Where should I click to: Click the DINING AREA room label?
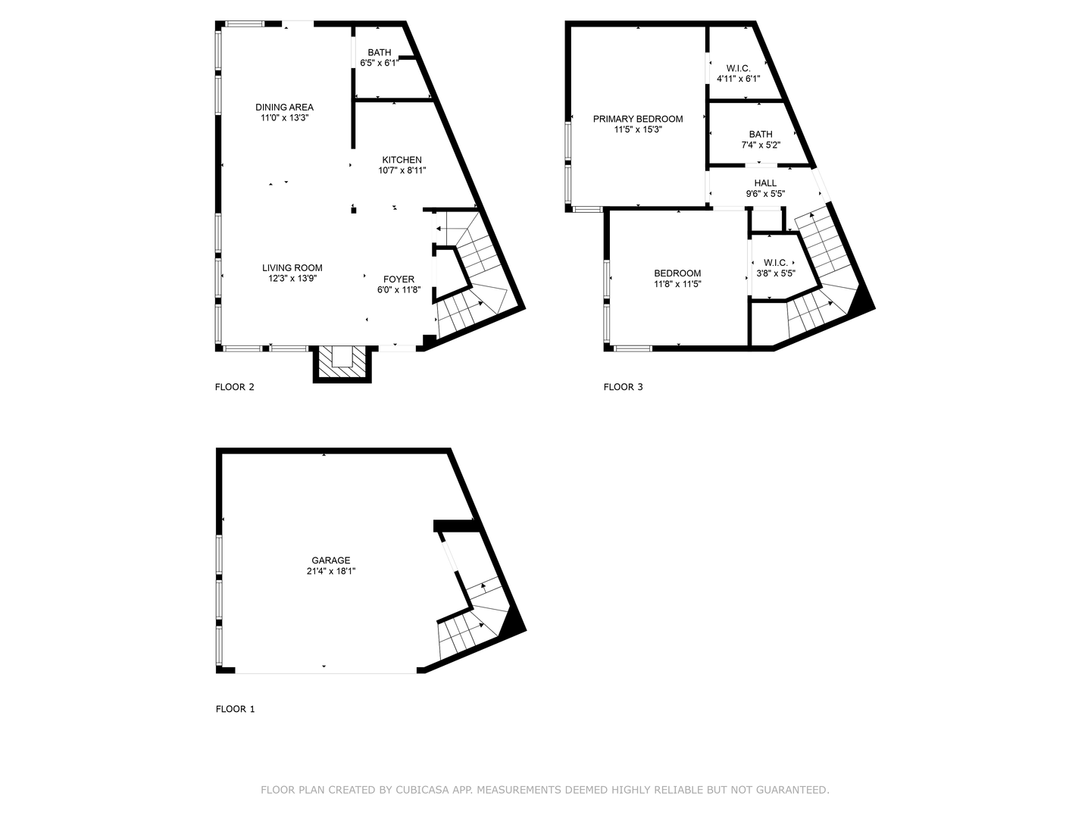coord(284,108)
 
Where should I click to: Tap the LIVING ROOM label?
coord(292,268)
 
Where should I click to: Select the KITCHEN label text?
coord(402,160)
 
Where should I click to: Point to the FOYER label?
coord(399,279)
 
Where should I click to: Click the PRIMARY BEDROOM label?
coord(638,119)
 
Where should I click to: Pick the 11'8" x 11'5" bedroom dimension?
coord(677,284)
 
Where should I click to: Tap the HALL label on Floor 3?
coord(765,183)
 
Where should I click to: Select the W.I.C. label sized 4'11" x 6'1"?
coord(738,68)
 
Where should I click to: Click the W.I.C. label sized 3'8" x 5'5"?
coord(775,263)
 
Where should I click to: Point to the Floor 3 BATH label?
coord(761,134)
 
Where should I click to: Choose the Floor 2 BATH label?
coord(380,53)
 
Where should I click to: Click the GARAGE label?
coord(330,560)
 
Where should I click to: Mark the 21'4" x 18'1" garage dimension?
coord(331,572)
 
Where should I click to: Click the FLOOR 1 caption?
coord(236,709)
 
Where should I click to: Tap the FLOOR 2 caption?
coord(235,387)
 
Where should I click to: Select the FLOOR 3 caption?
coord(623,387)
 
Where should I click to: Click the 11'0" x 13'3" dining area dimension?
coord(284,118)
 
